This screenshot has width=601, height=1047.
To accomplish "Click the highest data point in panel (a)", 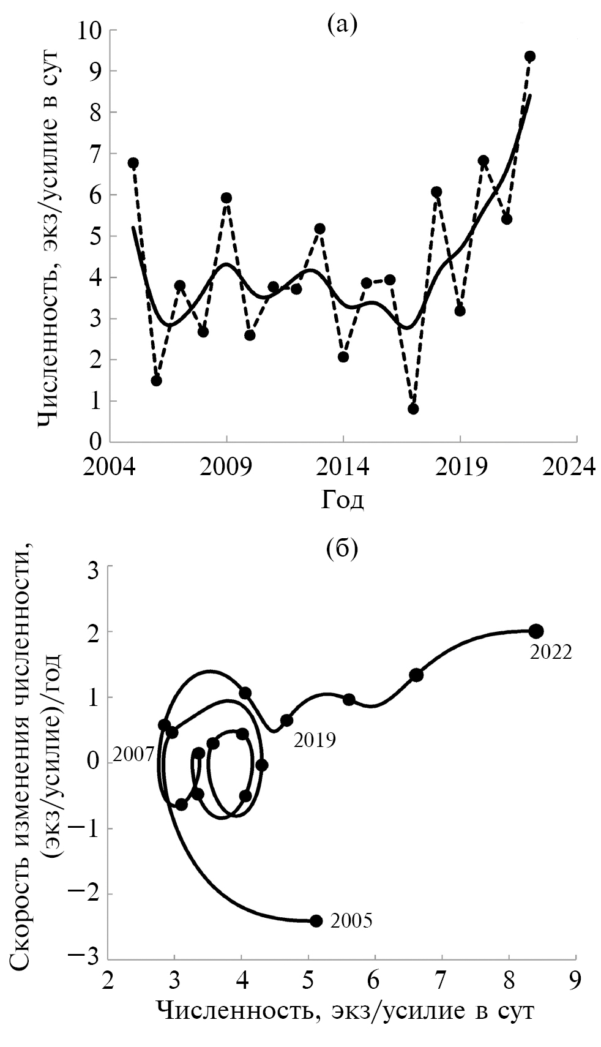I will click(530, 56).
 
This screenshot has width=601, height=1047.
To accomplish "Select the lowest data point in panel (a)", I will click(413, 408).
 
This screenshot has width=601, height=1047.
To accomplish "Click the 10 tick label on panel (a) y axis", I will click(89, 30).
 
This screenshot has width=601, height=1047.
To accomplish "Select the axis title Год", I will click(342, 500).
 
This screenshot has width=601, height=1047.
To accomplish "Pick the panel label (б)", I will click(342, 548).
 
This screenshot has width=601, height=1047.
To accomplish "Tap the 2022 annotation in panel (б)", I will click(551, 653).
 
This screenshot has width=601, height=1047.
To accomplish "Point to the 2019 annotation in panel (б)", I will click(315, 740).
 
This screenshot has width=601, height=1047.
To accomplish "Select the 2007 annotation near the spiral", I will click(134, 754).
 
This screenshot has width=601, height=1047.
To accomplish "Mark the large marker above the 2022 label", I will click(536, 631).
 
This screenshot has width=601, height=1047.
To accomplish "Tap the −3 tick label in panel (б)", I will click(86, 959).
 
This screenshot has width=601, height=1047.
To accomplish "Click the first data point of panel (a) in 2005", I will click(133, 163).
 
